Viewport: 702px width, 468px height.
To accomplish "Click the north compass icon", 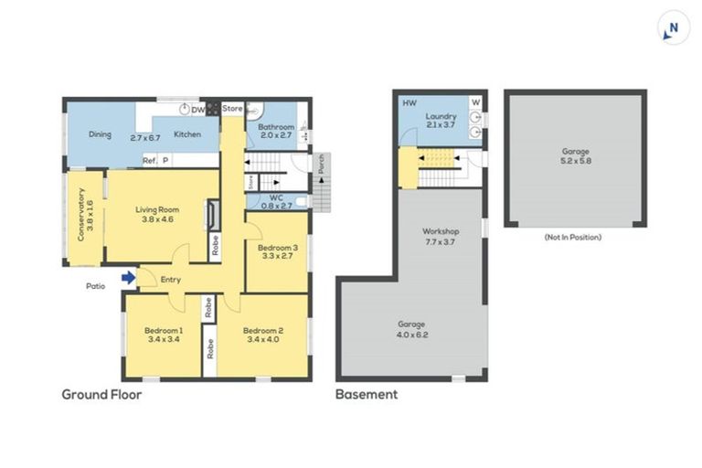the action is click(x=673, y=28).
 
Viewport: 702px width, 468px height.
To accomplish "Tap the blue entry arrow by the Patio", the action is click(x=129, y=278).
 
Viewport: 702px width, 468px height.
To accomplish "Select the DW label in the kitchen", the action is click(x=197, y=110).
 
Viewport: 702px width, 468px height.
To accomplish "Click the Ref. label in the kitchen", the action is click(x=150, y=160).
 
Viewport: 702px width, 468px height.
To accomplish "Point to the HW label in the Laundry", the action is click(x=409, y=103).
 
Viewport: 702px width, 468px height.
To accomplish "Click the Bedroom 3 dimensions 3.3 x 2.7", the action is click(x=278, y=256).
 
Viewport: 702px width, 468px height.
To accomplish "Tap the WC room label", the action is click(x=276, y=197).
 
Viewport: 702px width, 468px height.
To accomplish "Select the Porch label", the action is click(x=321, y=164).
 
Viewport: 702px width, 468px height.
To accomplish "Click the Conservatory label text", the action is click(x=81, y=215).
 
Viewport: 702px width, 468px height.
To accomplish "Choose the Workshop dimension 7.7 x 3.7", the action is click(x=441, y=242).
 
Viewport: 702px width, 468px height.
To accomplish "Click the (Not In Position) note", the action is click(x=573, y=237).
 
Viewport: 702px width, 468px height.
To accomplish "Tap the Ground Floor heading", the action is click(x=101, y=395).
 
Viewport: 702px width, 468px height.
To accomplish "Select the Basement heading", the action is click(x=367, y=395).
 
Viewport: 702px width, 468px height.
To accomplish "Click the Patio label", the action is click(x=95, y=286).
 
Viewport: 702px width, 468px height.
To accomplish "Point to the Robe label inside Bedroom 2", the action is click(x=210, y=349).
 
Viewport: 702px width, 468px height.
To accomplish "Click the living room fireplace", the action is click(x=214, y=215).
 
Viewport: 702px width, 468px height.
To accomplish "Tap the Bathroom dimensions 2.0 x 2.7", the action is click(x=276, y=135).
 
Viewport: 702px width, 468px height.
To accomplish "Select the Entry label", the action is click(x=171, y=280).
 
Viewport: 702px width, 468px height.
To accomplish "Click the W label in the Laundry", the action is click(x=476, y=102).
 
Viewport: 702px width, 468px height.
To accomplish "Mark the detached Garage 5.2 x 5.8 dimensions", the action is click(x=576, y=160).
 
